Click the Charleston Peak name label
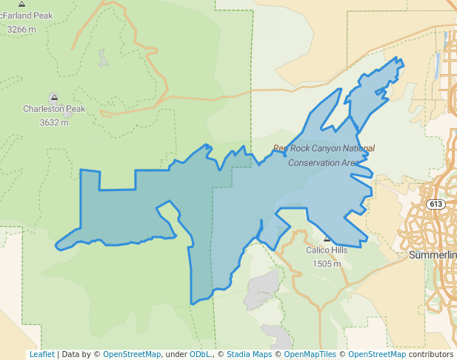point(54,109)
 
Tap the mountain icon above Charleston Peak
point(53,97)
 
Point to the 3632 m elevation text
point(54,122)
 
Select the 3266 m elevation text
point(21,30)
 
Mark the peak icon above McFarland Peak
point(21,4)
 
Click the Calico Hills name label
point(327,250)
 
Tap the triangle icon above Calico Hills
point(327,239)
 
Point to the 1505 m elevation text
point(327,264)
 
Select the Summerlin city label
point(433,256)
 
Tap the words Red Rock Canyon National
point(324,148)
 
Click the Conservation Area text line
point(324,162)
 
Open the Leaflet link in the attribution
point(41,354)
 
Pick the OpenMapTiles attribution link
point(309,354)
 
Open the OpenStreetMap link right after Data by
point(132,354)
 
